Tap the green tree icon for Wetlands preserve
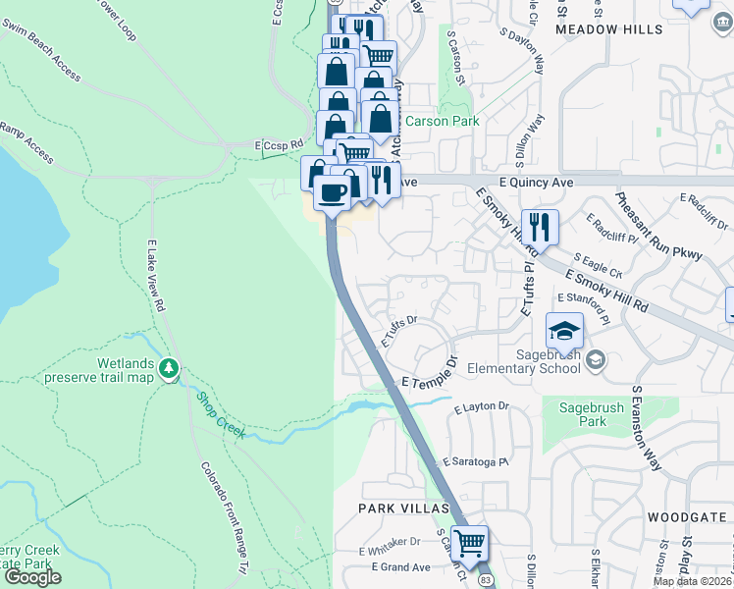pos(171,369)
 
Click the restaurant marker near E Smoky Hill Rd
pos(539,227)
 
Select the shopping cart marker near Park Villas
pos(470,542)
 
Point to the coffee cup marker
pos(333,191)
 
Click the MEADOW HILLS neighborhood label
pos(597,30)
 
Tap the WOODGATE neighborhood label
pos(683,516)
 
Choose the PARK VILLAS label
pos(402,509)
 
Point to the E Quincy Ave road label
pos(530,182)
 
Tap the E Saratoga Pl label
pos(478,461)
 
